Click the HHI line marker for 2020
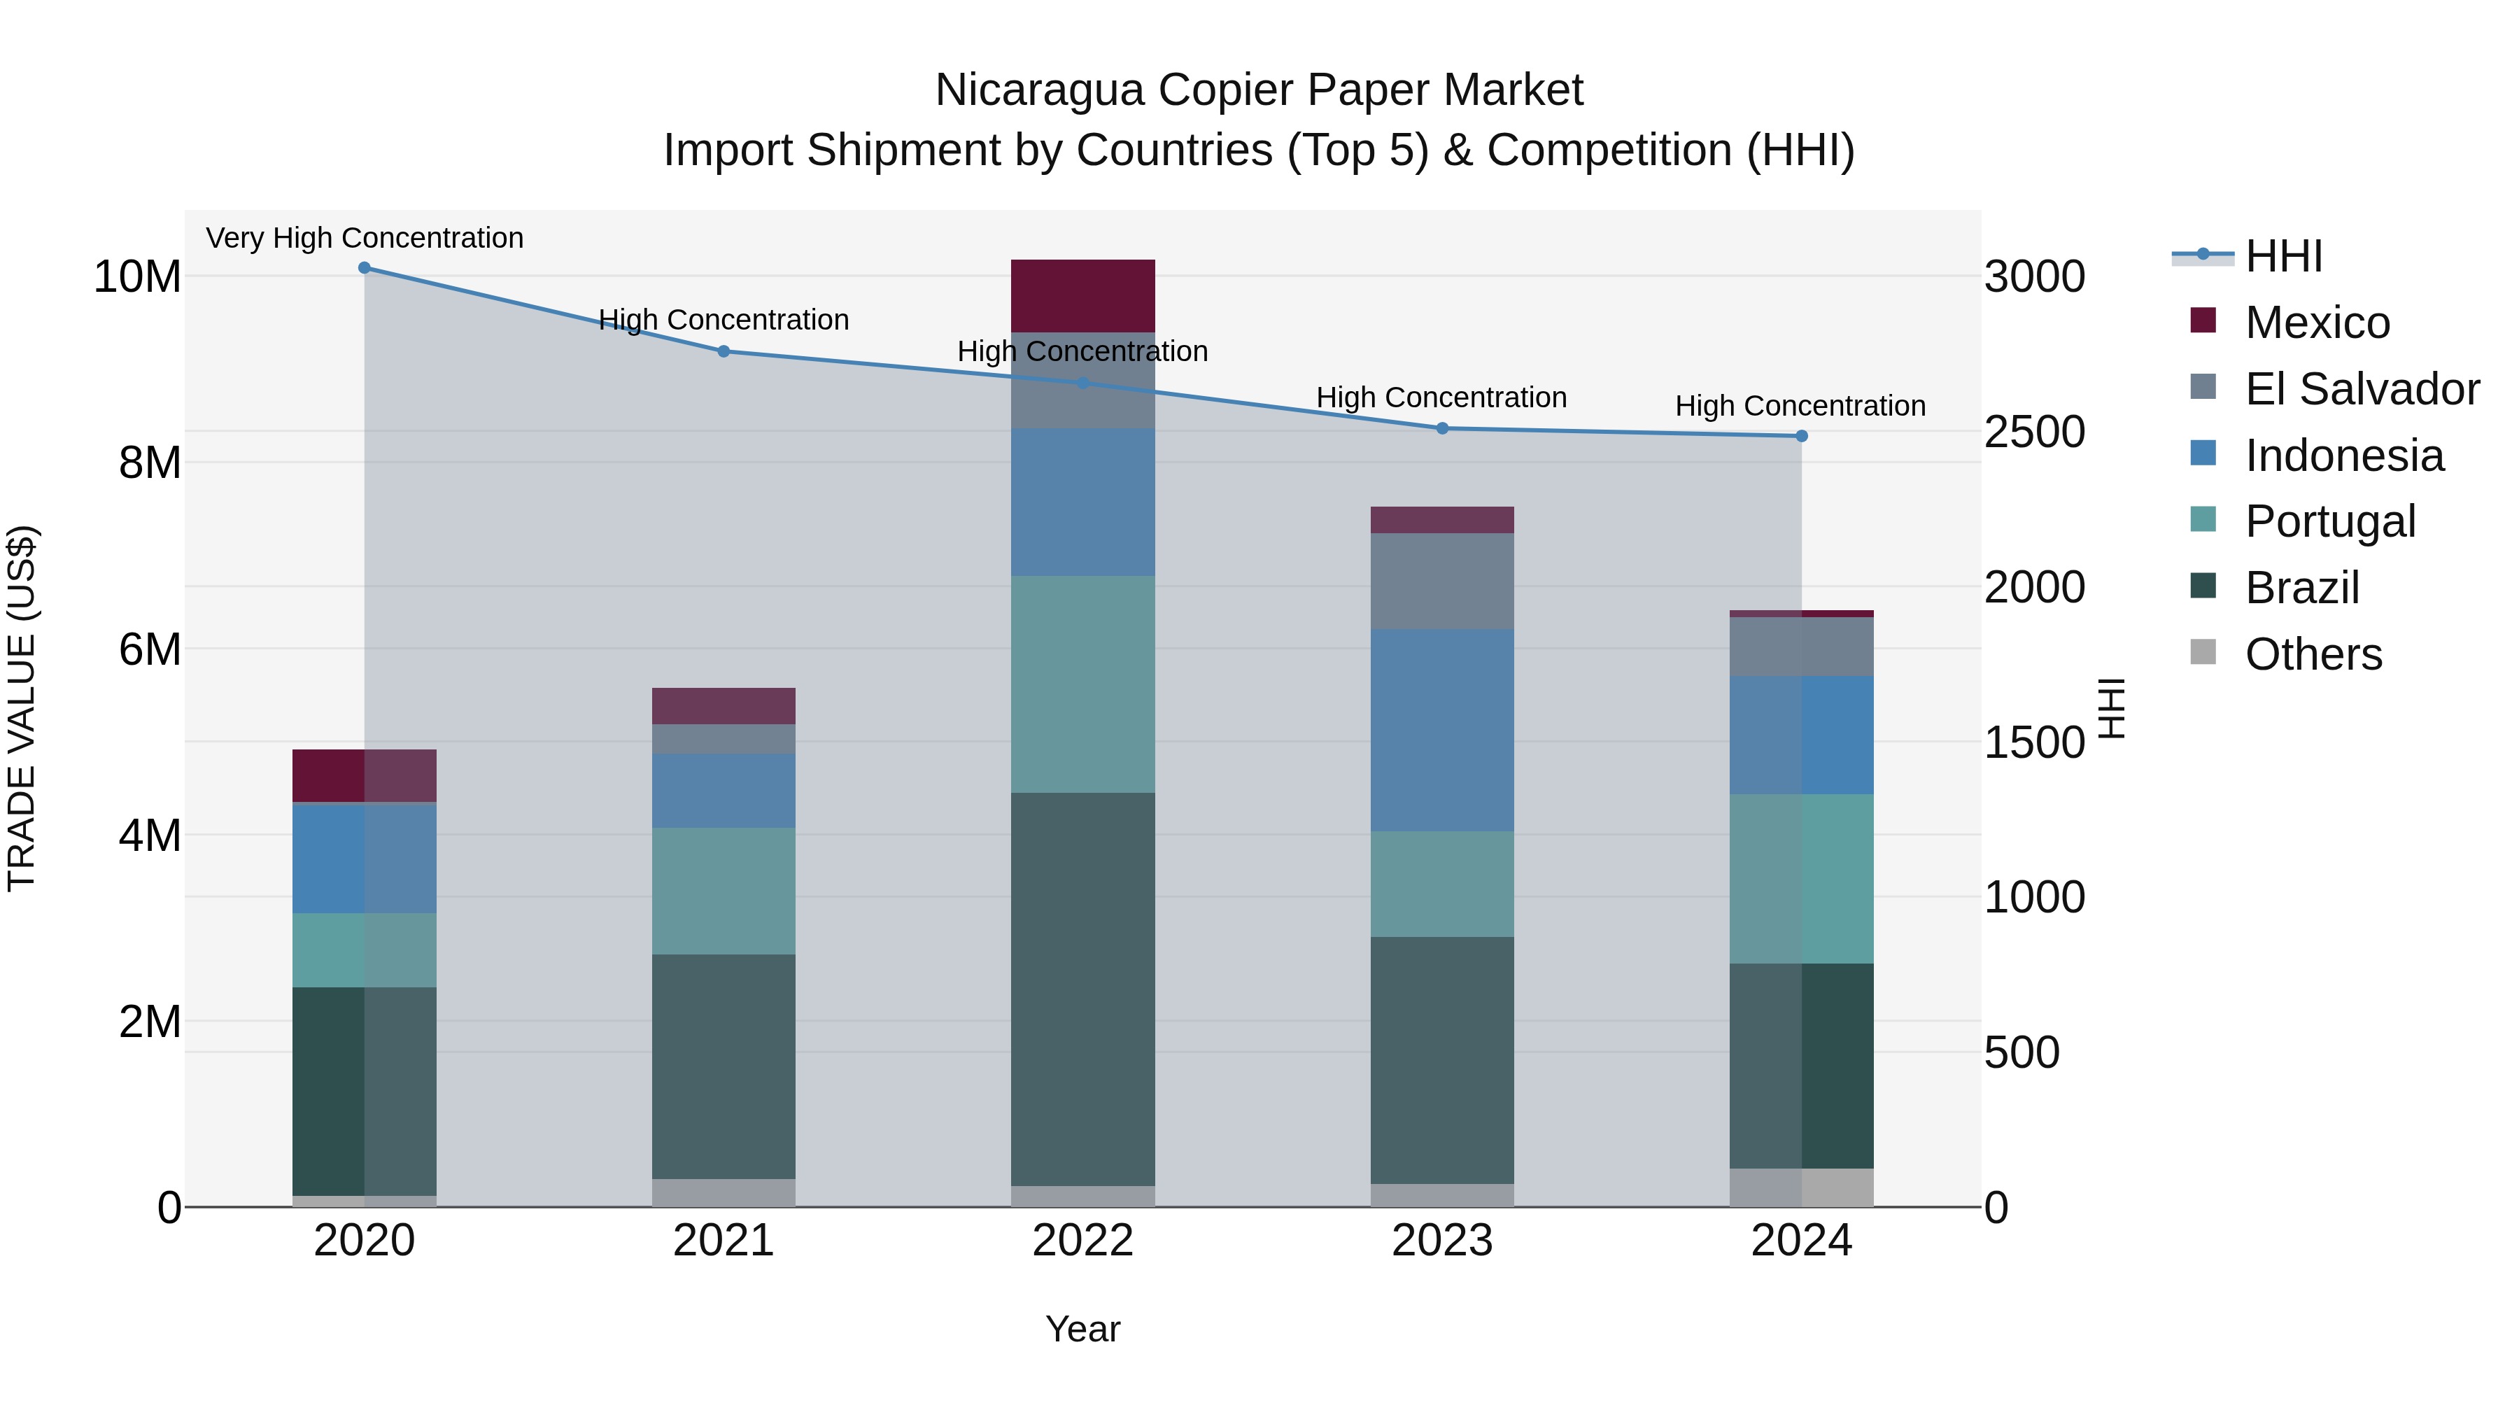point(365,268)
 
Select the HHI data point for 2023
point(1442,428)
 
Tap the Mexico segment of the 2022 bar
point(1082,296)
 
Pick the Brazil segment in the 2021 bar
point(724,1066)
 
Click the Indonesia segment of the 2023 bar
point(1442,731)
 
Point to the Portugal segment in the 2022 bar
point(1082,684)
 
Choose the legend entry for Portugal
point(2330,521)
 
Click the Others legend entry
point(2314,654)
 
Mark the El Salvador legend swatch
point(2203,387)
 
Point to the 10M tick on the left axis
point(137,276)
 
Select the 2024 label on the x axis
point(1801,1241)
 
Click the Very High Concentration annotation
point(365,238)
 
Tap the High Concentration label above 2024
point(1800,406)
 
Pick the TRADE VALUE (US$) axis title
point(22,708)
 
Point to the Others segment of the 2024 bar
point(1801,1188)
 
